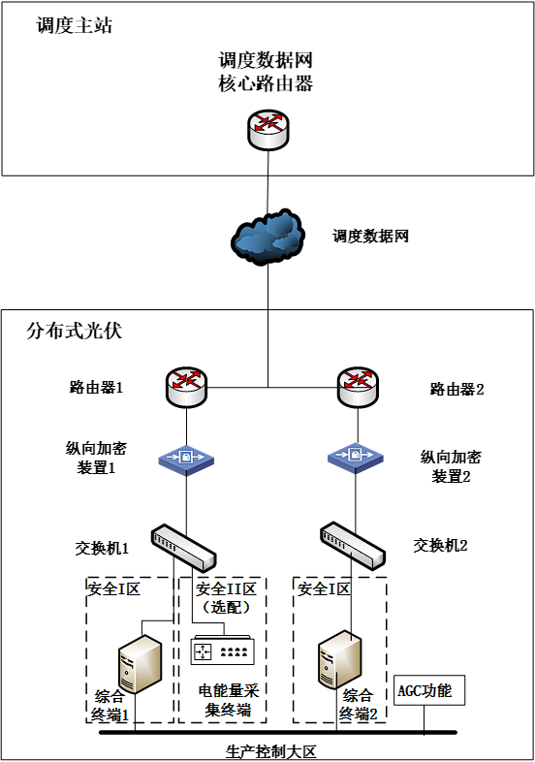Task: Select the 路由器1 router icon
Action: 187,387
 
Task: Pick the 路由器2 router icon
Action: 358,387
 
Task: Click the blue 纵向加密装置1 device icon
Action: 187,459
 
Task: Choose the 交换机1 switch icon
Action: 184,548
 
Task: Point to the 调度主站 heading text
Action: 75,26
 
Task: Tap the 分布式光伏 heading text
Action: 74,331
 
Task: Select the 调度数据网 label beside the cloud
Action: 370,236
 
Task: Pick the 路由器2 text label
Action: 456,389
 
